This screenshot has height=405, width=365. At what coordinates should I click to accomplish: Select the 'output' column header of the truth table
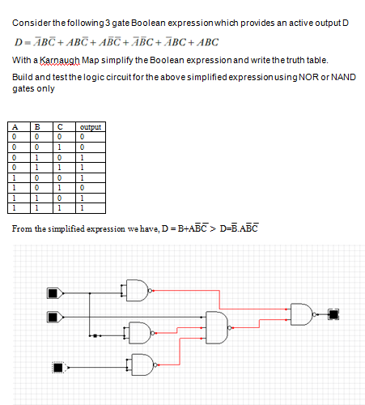tap(91, 127)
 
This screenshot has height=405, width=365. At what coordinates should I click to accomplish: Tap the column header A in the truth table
tap(15, 127)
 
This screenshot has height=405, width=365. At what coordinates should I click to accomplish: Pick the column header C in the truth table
tap(60, 127)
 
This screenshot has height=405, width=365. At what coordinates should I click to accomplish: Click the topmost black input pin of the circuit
tap(55, 293)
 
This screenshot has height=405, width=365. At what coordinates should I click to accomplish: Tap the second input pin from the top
tap(55, 317)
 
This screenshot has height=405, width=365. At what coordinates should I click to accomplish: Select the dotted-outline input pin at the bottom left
tap(60, 368)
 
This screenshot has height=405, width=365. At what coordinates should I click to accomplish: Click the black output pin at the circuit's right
tap(333, 314)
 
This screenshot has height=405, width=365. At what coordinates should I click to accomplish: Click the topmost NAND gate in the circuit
tap(137, 291)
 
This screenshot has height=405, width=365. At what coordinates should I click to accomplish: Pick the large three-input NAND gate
tap(217, 327)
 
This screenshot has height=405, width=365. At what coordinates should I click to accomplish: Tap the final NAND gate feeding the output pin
tap(302, 314)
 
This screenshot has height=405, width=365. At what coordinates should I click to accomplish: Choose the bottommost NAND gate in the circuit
tap(142, 364)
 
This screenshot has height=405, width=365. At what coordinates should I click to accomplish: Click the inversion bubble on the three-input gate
tap(230, 328)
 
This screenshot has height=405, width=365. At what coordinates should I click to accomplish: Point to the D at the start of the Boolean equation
tap(18, 42)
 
